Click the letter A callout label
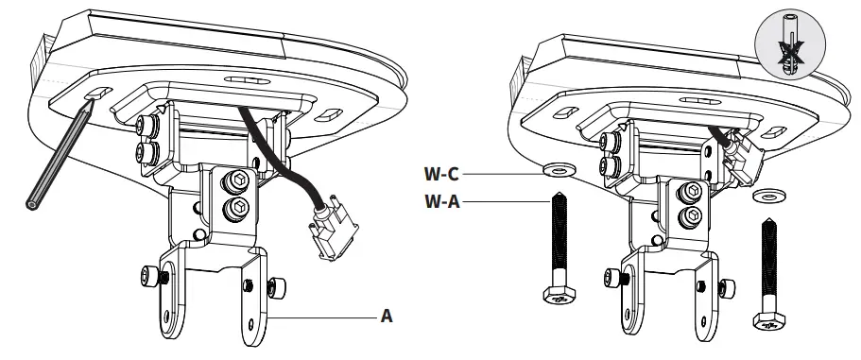pyautogui.click(x=386, y=317)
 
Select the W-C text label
pyautogui.click(x=441, y=174)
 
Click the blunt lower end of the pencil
pyautogui.click(x=35, y=201)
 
